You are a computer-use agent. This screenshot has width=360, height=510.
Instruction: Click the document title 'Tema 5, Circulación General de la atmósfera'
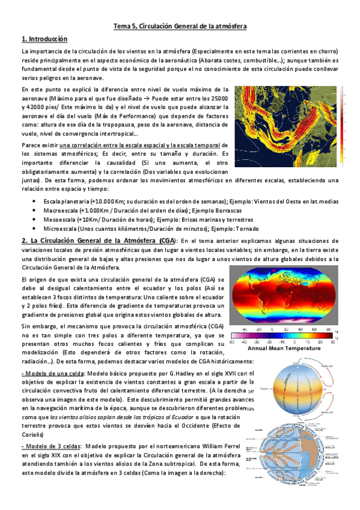(x=180, y=26)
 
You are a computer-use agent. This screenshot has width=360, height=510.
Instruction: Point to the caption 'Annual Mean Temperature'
(x=282, y=348)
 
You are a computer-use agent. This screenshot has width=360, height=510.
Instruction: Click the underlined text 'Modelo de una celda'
(x=49, y=373)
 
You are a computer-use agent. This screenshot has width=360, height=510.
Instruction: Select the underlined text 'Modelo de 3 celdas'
(x=48, y=446)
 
